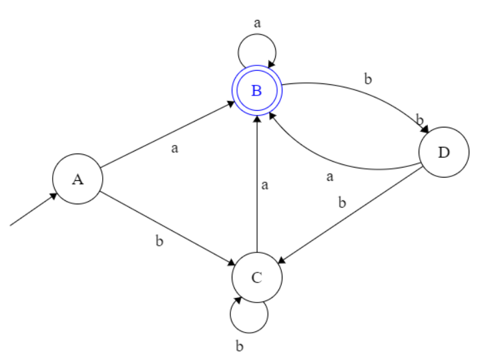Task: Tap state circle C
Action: coord(257,277)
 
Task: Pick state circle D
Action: coord(444,152)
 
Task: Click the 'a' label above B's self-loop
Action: coord(258,22)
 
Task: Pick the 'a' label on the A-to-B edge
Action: coord(175,148)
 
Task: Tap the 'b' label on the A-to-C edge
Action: coord(159,240)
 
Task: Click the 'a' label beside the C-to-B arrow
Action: coord(265,186)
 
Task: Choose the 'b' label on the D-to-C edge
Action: coord(342,202)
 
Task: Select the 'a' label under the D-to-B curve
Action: coord(330,177)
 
